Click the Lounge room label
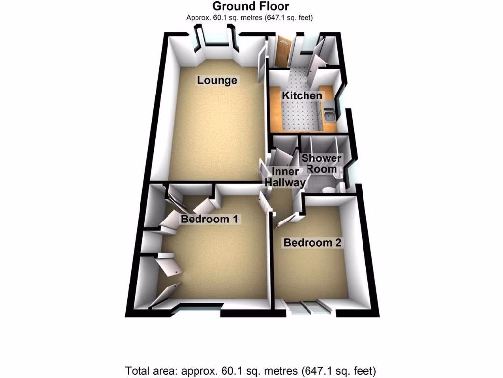[x=217, y=80]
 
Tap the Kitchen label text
[x=302, y=95]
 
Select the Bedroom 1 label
[x=210, y=219]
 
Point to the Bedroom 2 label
[x=312, y=243]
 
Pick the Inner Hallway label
[x=284, y=177]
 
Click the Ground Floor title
[x=251, y=6]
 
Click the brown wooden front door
[x=282, y=52]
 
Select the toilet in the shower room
[x=328, y=190]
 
